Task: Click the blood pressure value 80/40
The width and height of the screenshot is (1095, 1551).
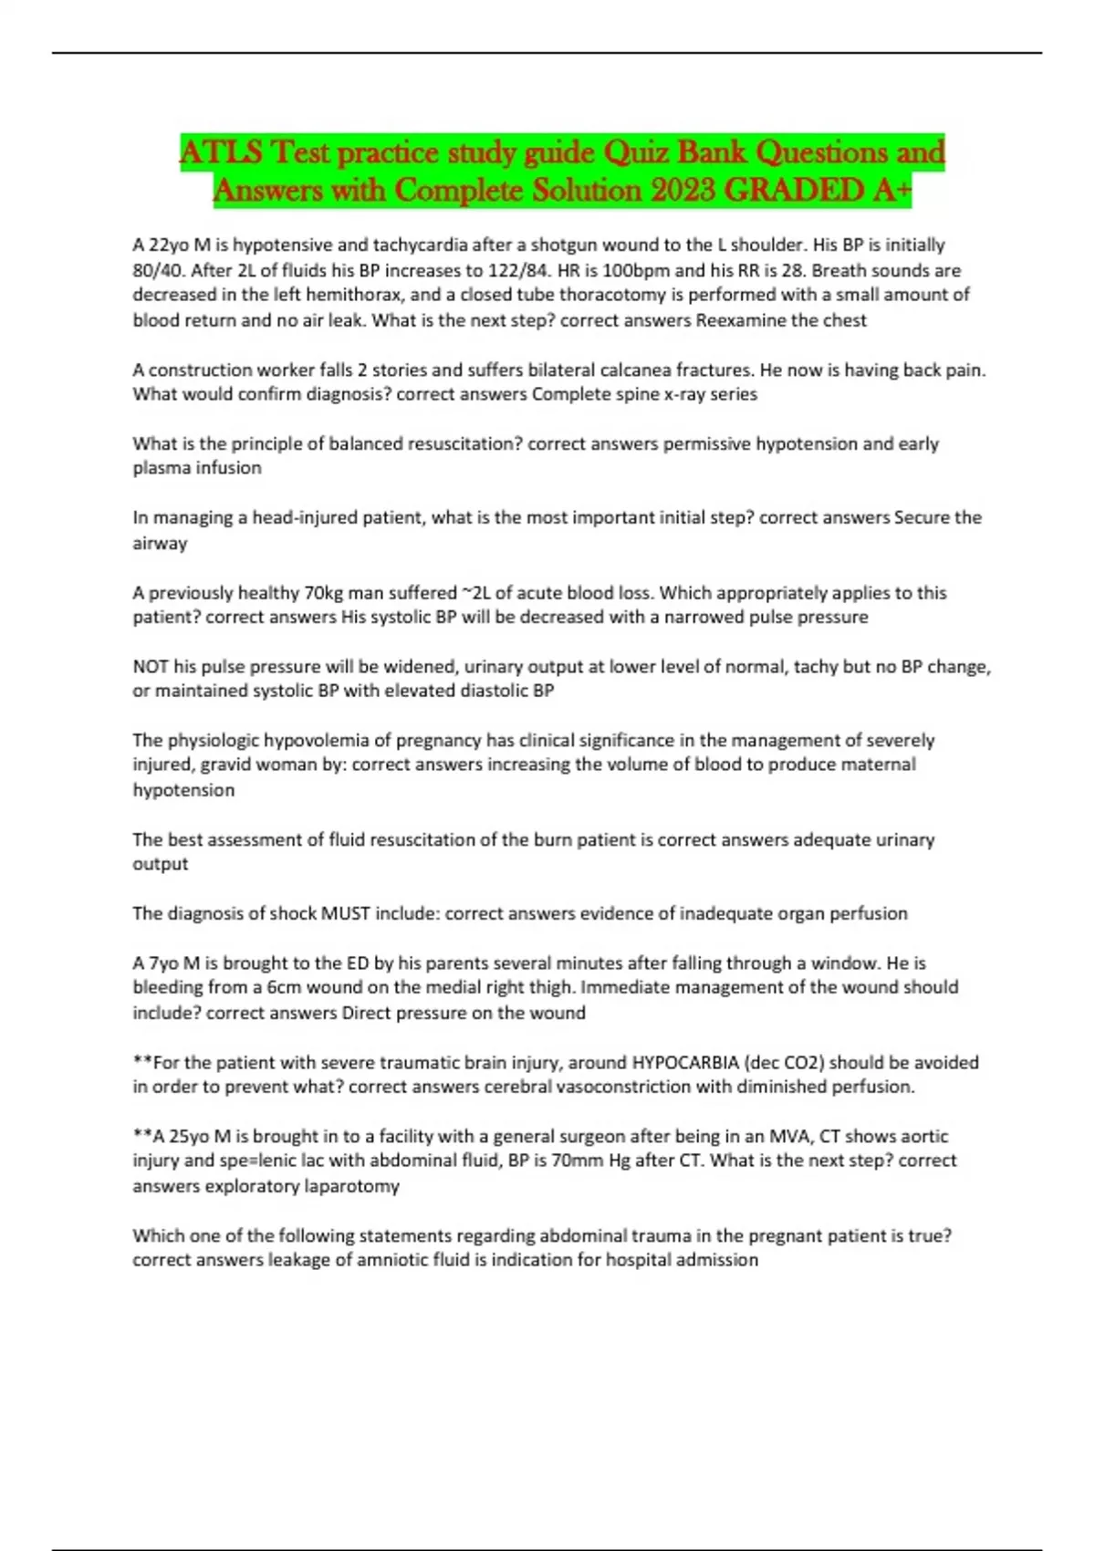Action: tap(157, 270)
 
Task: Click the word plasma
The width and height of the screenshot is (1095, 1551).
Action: tap(162, 468)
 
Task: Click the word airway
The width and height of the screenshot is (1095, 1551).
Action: tap(160, 543)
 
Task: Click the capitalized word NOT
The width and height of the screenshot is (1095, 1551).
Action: tap(151, 667)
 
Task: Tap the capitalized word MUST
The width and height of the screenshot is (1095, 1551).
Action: tap(345, 913)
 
